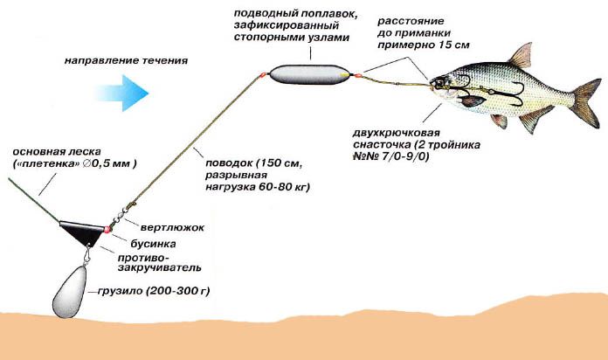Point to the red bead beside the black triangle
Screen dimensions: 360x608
click(x=106, y=229)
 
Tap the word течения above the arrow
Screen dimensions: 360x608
click(x=166, y=62)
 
